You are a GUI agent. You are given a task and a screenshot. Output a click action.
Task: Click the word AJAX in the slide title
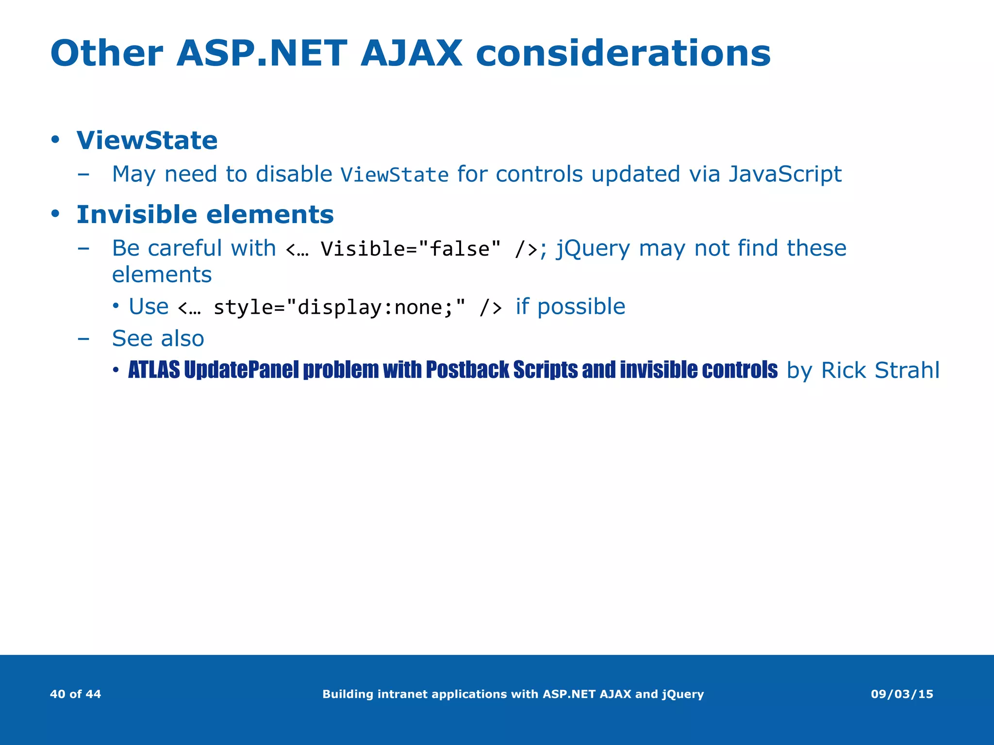point(411,53)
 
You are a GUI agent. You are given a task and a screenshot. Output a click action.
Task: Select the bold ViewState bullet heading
point(147,141)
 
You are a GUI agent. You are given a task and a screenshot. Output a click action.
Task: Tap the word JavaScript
point(785,174)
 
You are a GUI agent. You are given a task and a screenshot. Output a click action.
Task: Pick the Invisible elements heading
point(205,215)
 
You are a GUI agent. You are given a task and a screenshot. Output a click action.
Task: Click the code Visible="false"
point(411,249)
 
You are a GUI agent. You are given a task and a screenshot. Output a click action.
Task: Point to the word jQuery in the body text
point(593,249)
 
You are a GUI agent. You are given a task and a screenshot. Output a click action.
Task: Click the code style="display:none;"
point(339,308)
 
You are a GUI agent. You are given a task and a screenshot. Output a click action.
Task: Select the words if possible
point(570,307)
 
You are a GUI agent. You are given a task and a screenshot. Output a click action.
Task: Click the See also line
point(158,339)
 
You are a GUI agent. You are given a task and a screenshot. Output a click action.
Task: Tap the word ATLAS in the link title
point(154,370)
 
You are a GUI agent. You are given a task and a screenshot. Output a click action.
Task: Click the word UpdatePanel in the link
point(241,370)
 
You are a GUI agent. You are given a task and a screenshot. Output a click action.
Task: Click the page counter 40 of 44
point(75,694)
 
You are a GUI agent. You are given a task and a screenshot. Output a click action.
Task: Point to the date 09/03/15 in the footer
point(902,694)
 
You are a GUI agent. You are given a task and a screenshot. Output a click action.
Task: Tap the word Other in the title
point(106,53)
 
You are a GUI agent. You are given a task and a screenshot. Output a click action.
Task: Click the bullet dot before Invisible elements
point(55,214)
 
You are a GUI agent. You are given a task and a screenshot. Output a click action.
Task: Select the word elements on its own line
point(162,275)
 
